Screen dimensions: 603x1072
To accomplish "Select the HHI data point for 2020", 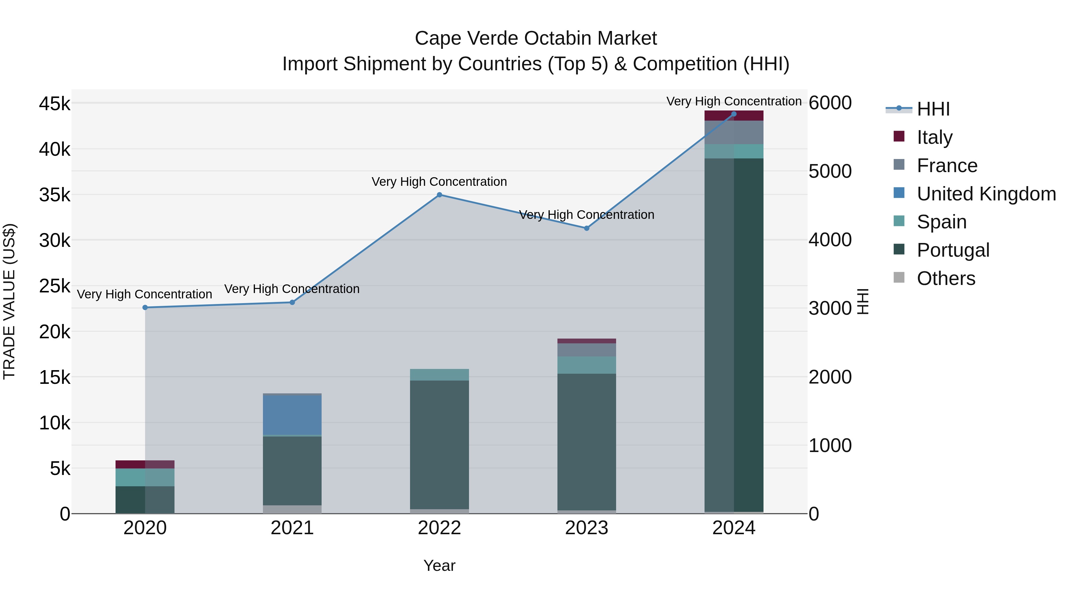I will pos(145,308).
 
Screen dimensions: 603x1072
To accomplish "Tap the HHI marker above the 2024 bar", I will pos(734,114).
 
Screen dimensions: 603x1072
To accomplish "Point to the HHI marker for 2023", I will pos(586,228).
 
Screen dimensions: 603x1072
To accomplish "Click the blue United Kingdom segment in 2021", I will pos(292,415).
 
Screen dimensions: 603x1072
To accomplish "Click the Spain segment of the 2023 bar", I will pos(586,365).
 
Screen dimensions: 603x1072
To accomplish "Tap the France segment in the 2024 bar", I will pos(734,132).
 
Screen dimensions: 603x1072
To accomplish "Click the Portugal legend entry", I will pos(953,250).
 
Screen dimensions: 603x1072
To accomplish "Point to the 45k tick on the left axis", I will pos(54,104).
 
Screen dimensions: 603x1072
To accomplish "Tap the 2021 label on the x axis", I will pos(292,528).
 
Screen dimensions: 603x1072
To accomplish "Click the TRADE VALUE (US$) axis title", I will pos(9,301).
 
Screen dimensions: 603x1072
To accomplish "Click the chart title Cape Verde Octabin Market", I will pos(536,38).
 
